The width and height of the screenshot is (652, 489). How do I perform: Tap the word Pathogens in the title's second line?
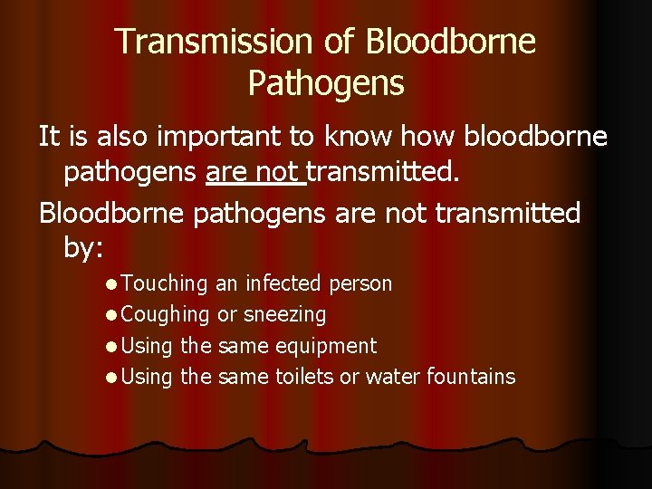pos(325,83)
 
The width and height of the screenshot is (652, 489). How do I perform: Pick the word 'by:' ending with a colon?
pos(84,247)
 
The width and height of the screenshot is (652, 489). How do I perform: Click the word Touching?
pos(164,283)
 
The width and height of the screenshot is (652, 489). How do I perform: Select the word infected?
pos(282,283)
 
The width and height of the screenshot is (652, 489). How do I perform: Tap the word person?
pos(360,283)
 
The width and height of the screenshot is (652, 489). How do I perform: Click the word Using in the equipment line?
pos(146,346)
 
